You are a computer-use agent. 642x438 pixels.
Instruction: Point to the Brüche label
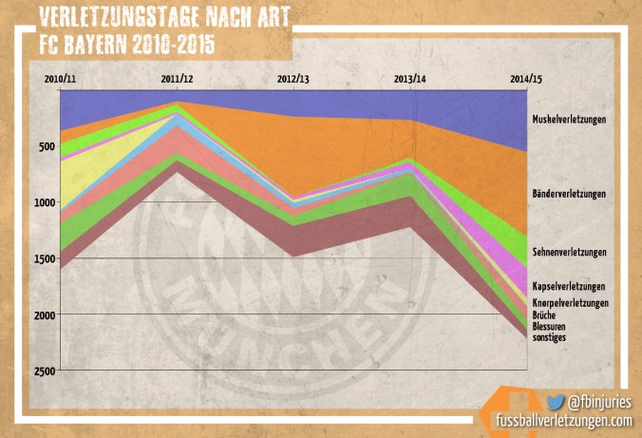pyautogui.click(x=545, y=314)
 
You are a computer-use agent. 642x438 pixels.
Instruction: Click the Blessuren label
pyautogui.click(x=550, y=326)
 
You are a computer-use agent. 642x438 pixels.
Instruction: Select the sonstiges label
pyautogui.click(x=550, y=337)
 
